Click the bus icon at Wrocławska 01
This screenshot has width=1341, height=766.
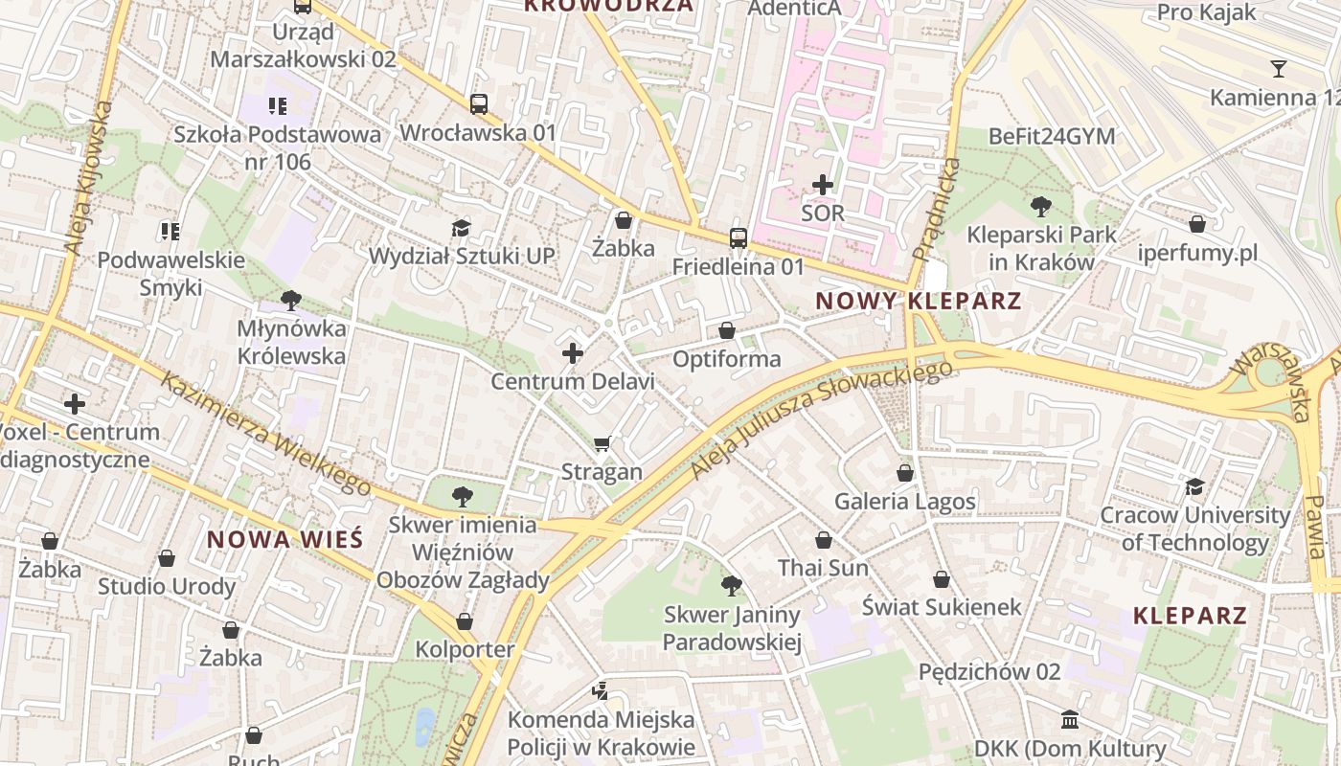479,104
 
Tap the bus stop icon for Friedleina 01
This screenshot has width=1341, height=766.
738,238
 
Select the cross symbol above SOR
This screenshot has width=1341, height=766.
822,185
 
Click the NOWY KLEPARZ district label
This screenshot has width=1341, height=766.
918,301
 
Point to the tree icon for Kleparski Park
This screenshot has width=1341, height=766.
1040,206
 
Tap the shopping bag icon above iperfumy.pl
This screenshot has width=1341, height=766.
1196,224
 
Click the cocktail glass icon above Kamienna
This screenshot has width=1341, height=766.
1278,68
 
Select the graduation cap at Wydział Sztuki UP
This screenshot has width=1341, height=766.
462,228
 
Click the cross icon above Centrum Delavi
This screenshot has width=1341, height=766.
573,353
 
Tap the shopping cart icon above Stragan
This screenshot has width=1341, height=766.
602,443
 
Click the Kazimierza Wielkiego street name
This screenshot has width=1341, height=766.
265,433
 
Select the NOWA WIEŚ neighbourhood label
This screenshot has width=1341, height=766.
285,539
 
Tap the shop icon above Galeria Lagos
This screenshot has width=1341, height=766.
905,473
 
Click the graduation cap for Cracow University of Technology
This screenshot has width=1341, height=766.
1194,487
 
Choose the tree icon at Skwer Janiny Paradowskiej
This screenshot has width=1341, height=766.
732,585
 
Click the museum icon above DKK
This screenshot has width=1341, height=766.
1070,719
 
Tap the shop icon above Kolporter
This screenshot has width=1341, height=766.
465,621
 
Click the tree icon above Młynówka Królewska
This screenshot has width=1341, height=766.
291,301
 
